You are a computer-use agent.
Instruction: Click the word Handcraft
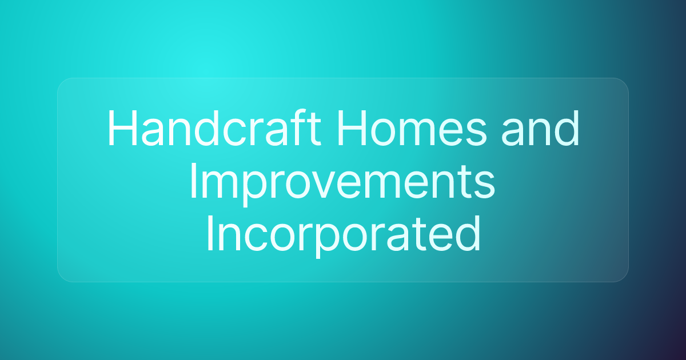[214, 127]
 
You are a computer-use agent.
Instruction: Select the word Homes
[412, 128]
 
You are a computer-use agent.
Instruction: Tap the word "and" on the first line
[540, 128]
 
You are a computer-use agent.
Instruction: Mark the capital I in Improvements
[193, 181]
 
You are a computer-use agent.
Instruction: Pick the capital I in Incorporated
[210, 233]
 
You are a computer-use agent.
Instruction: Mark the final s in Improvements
[484, 186]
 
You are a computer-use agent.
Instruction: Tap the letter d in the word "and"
[567, 128]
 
